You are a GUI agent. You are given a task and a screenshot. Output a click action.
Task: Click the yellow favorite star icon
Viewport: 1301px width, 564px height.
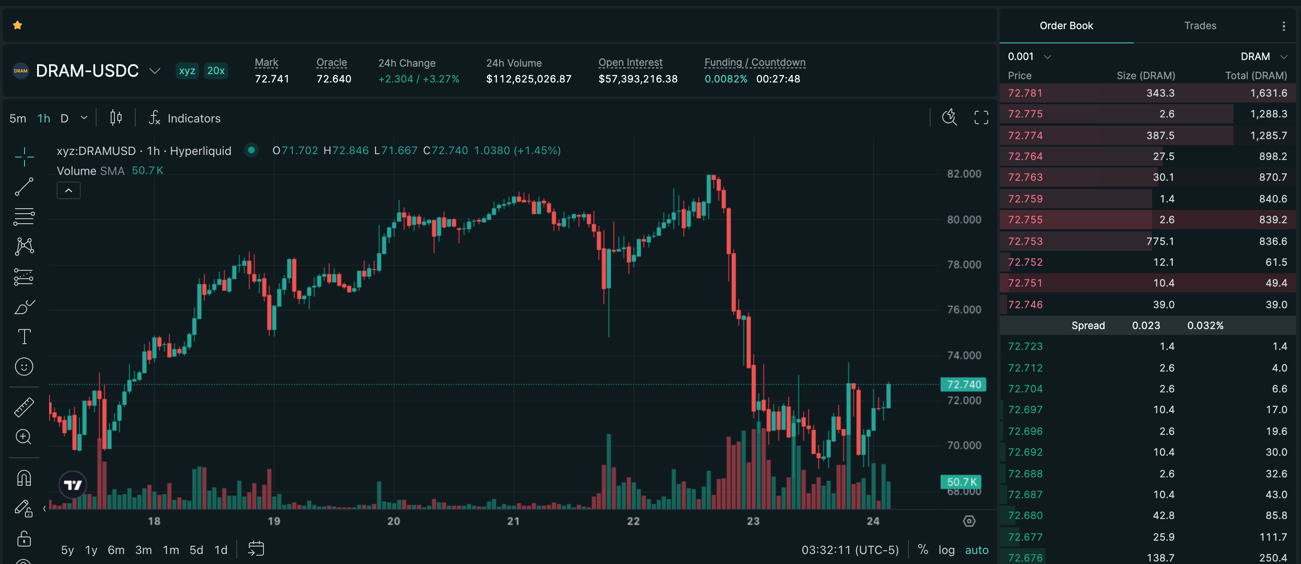coord(17,25)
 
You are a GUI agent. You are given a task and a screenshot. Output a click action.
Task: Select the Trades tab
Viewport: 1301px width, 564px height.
coord(1200,26)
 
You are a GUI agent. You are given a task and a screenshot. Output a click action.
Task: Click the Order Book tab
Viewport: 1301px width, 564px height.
coord(1066,26)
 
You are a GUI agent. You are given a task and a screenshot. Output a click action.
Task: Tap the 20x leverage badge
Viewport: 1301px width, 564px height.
coord(216,71)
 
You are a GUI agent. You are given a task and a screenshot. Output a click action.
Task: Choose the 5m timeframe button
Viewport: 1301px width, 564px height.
coord(17,118)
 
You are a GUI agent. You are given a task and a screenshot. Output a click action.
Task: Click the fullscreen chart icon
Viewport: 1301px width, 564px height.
coord(981,118)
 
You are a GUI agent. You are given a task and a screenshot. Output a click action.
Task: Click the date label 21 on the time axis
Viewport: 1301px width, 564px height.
coord(513,521)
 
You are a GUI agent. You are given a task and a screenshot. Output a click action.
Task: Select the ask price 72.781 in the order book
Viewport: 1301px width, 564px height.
coord(1025,93)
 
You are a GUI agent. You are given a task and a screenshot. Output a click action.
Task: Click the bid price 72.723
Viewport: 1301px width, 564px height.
coord(1025,346)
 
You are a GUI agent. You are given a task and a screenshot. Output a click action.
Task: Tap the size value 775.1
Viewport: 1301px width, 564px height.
coord(1160,241)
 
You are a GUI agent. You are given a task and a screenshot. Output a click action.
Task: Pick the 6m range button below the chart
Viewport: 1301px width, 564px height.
coord(116,550)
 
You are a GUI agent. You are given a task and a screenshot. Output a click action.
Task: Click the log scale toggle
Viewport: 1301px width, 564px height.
coord(946,550)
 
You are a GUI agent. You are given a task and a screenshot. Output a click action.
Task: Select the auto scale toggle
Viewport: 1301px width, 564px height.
coord(977,550)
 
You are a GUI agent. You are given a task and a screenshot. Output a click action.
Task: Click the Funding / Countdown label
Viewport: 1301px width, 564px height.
coord(755,62)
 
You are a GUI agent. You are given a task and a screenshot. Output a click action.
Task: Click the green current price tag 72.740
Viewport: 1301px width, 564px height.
coord(963,384)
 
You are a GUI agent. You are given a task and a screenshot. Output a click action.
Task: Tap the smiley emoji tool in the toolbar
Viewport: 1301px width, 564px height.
coord(24,367)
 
